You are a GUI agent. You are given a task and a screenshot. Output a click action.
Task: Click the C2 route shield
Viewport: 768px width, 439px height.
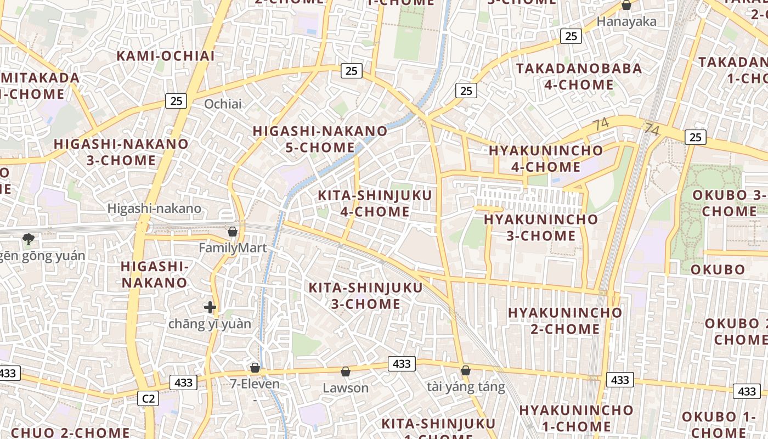tap(148, 398)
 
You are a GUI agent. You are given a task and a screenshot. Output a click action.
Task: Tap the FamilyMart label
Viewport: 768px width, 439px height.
tap(233, 248)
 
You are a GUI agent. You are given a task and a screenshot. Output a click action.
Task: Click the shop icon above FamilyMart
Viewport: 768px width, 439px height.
tap(233, 232)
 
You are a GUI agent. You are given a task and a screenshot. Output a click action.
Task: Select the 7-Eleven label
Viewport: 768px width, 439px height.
tap(255, 384)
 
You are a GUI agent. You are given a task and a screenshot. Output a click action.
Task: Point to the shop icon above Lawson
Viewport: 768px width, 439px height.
tap(346, 372)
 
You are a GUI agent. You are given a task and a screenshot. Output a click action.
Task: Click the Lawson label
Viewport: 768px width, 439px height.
tap(346, 388)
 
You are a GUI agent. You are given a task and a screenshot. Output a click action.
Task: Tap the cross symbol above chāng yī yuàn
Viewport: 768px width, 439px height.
tap(210, 307)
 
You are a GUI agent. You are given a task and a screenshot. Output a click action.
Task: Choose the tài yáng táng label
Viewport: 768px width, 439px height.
tap(466, 387)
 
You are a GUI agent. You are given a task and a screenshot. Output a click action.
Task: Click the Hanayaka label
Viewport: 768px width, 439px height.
tap(626, 22)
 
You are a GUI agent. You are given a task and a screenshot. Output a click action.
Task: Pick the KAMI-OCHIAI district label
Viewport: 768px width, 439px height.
tap(166, 56)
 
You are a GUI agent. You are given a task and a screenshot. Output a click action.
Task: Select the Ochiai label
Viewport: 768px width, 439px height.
tap(223, 104)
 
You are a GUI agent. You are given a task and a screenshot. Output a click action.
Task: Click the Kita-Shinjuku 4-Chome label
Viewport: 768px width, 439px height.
tap(375, 204)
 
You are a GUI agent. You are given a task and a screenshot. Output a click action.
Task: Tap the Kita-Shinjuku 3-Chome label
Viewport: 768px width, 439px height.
tap(366, 296)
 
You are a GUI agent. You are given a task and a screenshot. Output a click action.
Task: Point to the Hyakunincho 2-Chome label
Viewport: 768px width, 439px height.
tap(565, 321)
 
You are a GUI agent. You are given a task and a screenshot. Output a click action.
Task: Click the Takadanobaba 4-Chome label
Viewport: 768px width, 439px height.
tap(579, 77)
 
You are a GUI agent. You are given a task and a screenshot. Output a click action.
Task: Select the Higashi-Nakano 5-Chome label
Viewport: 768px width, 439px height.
tap(320, 139)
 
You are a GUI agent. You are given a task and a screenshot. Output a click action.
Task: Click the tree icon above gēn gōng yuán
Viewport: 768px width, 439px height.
tap(29, 239)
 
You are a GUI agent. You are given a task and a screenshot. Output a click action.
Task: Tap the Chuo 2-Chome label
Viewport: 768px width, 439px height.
tap(70, 432)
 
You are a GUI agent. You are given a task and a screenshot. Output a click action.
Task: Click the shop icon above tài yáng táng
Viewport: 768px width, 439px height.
tap(466, 370)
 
